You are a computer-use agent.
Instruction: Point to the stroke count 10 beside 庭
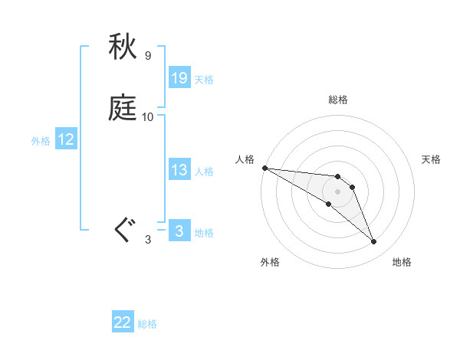(x=147, y=117)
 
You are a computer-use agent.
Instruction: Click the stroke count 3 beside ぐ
(x=147, y=241)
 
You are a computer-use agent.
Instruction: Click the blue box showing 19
(x=179, y=78)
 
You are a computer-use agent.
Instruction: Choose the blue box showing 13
(x=179, y=170)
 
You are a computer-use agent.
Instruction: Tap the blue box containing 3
(x=179, y=231)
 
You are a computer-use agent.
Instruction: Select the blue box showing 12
(x=66, y=139)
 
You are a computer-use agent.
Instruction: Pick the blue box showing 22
(x=123, y=323)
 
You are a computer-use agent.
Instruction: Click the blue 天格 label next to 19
(x=204, y=80)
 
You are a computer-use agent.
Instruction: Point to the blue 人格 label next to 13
(x=204, y=172)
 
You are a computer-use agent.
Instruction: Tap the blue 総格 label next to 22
(x=147, y=325)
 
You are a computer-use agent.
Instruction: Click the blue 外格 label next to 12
(x=41, y=141)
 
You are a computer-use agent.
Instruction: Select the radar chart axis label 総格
(x=337, y=100)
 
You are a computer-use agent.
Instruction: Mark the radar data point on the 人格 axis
(x=264, y=168)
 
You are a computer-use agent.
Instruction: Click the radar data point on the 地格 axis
(x=374, y=242)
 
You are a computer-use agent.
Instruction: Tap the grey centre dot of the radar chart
(x=337, y=191)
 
